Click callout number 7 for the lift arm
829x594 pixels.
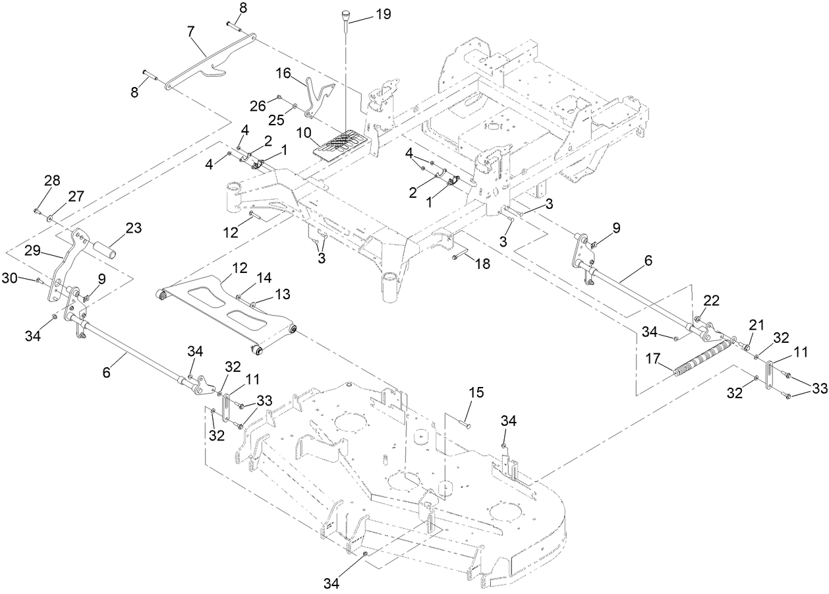191,31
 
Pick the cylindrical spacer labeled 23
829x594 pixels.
109,251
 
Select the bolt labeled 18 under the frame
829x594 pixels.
459,256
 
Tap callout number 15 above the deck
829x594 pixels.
476,394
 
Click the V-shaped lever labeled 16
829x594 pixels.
320,99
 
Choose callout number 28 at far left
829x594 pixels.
52,180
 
